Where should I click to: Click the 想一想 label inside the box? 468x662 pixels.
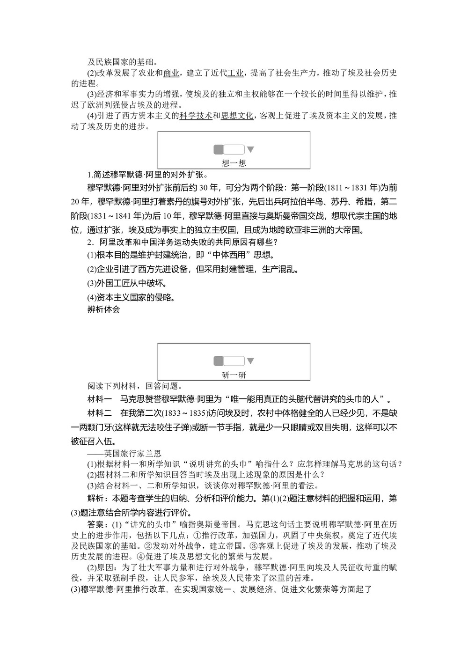(x=234, y=163)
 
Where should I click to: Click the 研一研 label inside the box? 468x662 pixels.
(x=234, y=375)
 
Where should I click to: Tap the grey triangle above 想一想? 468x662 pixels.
(x=250, y=150)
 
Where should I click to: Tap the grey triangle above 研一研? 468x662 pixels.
(x=250, y=361)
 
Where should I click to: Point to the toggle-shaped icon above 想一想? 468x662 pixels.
(x=229, y=150)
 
